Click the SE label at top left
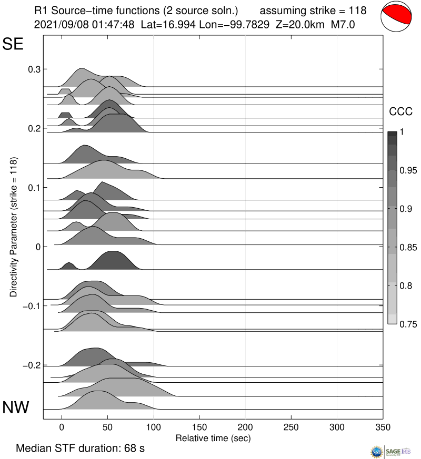(x=14, y=45)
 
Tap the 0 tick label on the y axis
(x=37, y=247)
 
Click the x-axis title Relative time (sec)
(x=213, y=438)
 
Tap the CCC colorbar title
(x=400, y=112)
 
